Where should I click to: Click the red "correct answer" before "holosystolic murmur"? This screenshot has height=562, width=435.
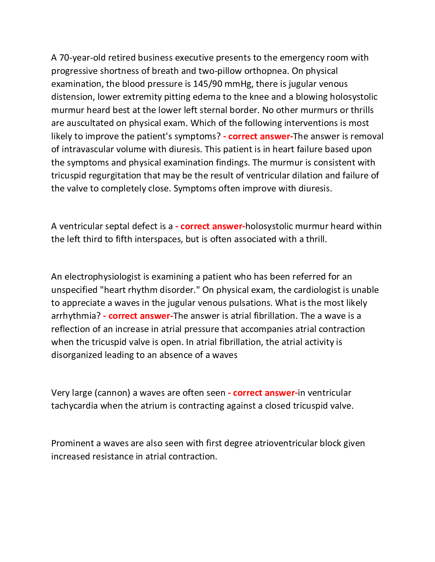click(211, 226)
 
